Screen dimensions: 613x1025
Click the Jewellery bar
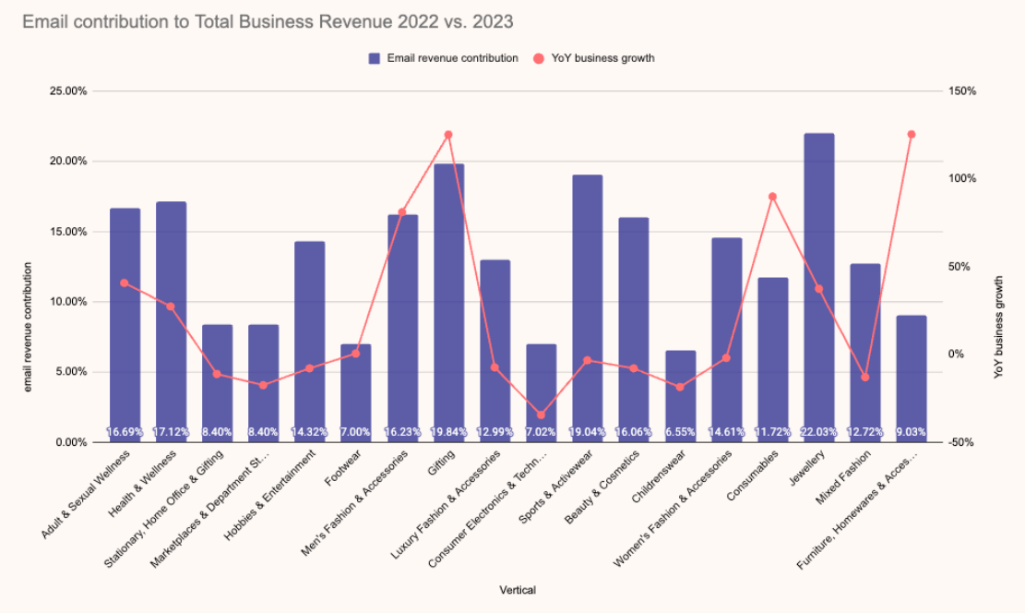(819, 277)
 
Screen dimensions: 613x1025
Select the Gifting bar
(449, 295)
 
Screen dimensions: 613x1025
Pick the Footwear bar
(356, 388)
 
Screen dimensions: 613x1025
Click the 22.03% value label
(819, 432)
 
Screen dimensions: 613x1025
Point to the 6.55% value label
(681, 432)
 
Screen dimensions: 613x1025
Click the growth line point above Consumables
(773, 197)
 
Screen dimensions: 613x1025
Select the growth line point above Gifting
(449, 135)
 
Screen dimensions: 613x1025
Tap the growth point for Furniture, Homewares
(912, 135)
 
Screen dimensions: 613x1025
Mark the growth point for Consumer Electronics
(542, 415)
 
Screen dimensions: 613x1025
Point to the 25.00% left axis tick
(67, 91)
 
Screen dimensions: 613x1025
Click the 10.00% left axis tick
(67, 302)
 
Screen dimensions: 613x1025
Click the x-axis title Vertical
(518, 590)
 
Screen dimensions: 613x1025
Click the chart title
(268, 21)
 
